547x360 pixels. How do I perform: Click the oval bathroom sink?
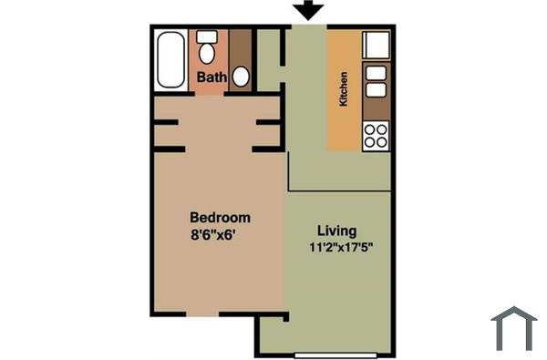(241, 77)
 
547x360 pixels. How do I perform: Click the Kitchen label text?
(344, 89)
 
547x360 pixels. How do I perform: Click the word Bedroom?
(220, 218)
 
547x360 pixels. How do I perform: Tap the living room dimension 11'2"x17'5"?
(342, 246)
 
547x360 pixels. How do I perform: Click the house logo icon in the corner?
(513, 328)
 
